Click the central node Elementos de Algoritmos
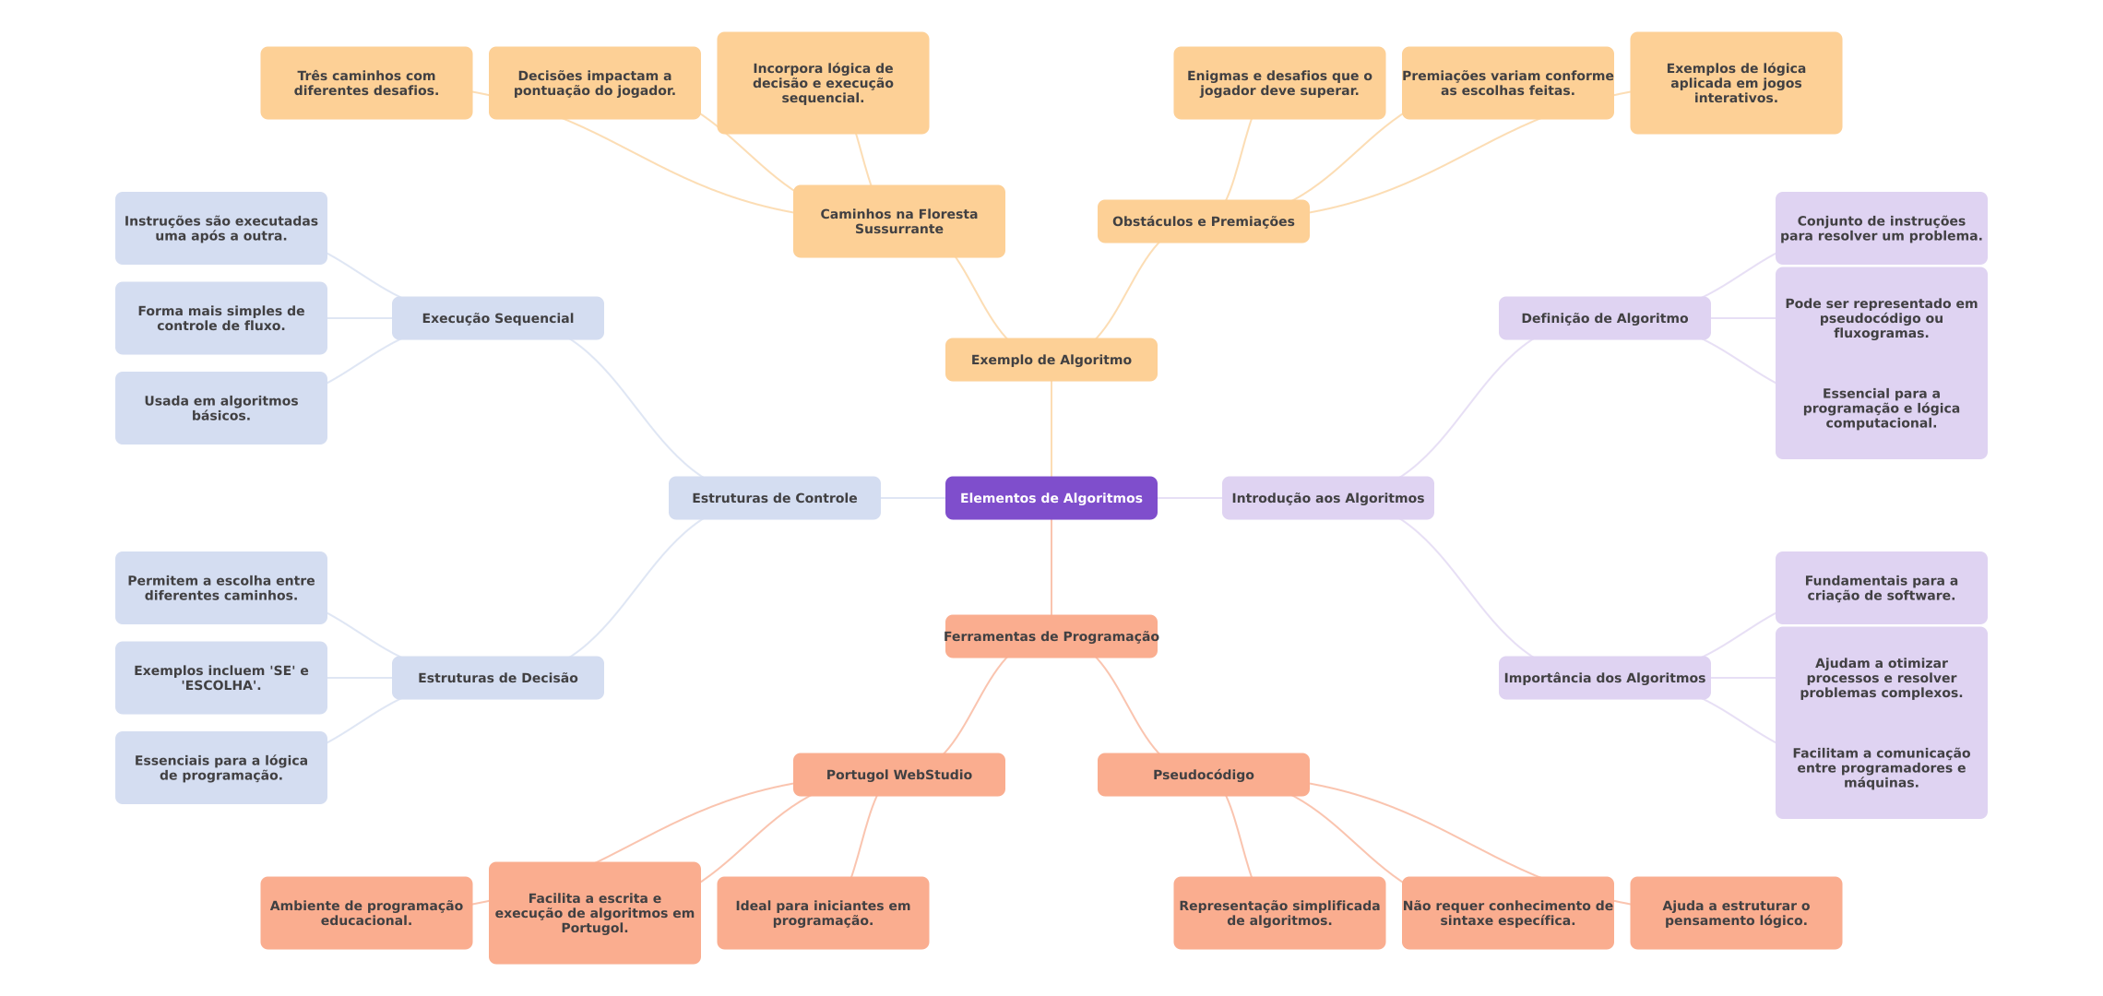[1051, 498]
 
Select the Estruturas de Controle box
[774, 498]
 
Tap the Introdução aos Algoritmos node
[1327, 498]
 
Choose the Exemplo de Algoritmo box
[1051, 360]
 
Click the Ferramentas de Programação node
[1051, 636]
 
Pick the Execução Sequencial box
[497, 318]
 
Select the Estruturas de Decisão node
[497, 678]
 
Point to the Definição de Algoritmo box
[1604, 318]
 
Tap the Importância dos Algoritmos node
[1604, 678]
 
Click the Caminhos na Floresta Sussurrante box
[898, 221]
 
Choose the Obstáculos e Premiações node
[1203, 221]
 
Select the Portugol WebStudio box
[898, 775]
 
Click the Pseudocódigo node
[1203, 775]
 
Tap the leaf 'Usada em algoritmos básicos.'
[220, 408]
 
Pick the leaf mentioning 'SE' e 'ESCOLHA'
[220, 678]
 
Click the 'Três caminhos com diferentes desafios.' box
[366, 83]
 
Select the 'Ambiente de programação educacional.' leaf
[366, 913]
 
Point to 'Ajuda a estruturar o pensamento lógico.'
[1735, 913]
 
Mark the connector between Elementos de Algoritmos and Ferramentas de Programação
[1051, 567]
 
